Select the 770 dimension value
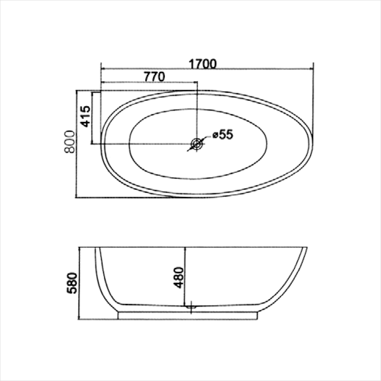point(154,77)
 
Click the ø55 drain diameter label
point(222,134)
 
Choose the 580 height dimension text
point(72,283)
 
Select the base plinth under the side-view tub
point(187,315)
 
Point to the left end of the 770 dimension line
point(101,82)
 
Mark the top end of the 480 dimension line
point(185,247)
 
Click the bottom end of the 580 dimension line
point(79,319)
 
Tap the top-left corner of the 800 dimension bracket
point(76,90)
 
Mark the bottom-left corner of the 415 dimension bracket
point(92,144)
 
